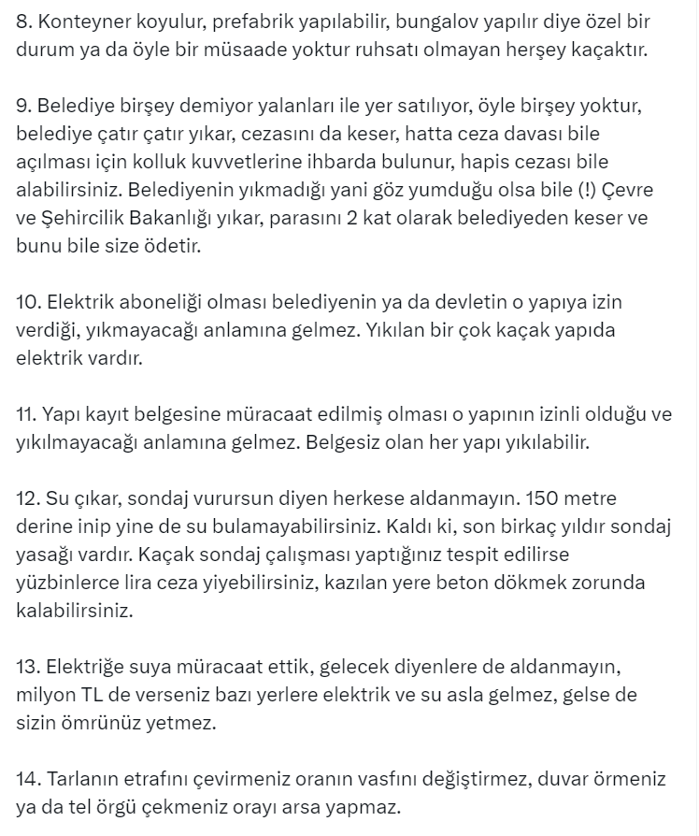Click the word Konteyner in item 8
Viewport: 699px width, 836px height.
[77, 21]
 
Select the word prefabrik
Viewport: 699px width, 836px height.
[256, 21]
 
